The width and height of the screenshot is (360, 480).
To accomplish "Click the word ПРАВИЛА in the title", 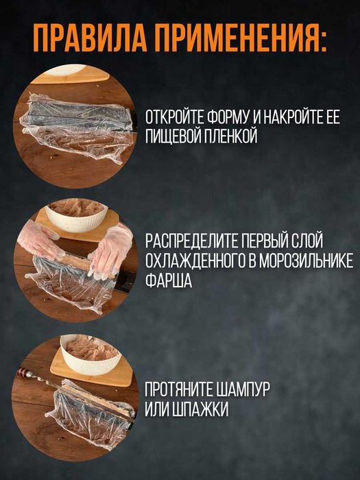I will coord(91,43).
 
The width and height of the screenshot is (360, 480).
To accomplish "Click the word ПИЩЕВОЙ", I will coord(173,136).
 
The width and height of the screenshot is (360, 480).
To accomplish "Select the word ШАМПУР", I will coord(243,389).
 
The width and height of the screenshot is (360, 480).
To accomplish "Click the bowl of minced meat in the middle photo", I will coord(76,215).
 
